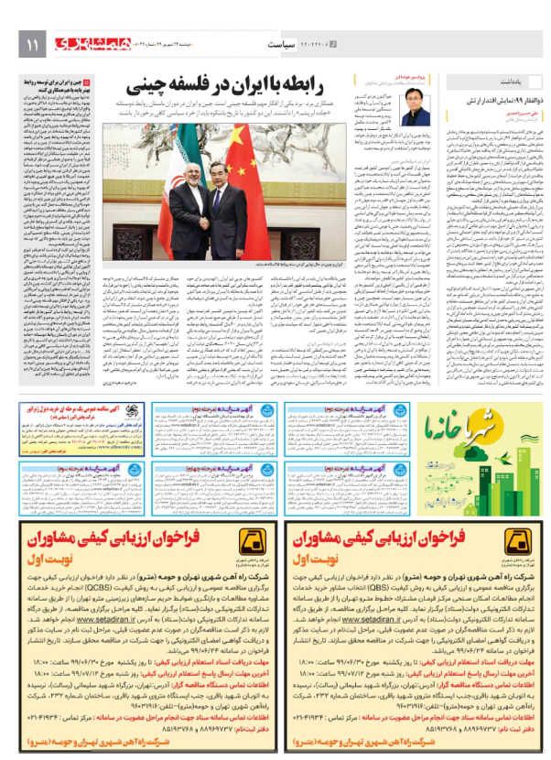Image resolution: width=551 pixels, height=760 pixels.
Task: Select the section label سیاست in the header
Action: (286, 43)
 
